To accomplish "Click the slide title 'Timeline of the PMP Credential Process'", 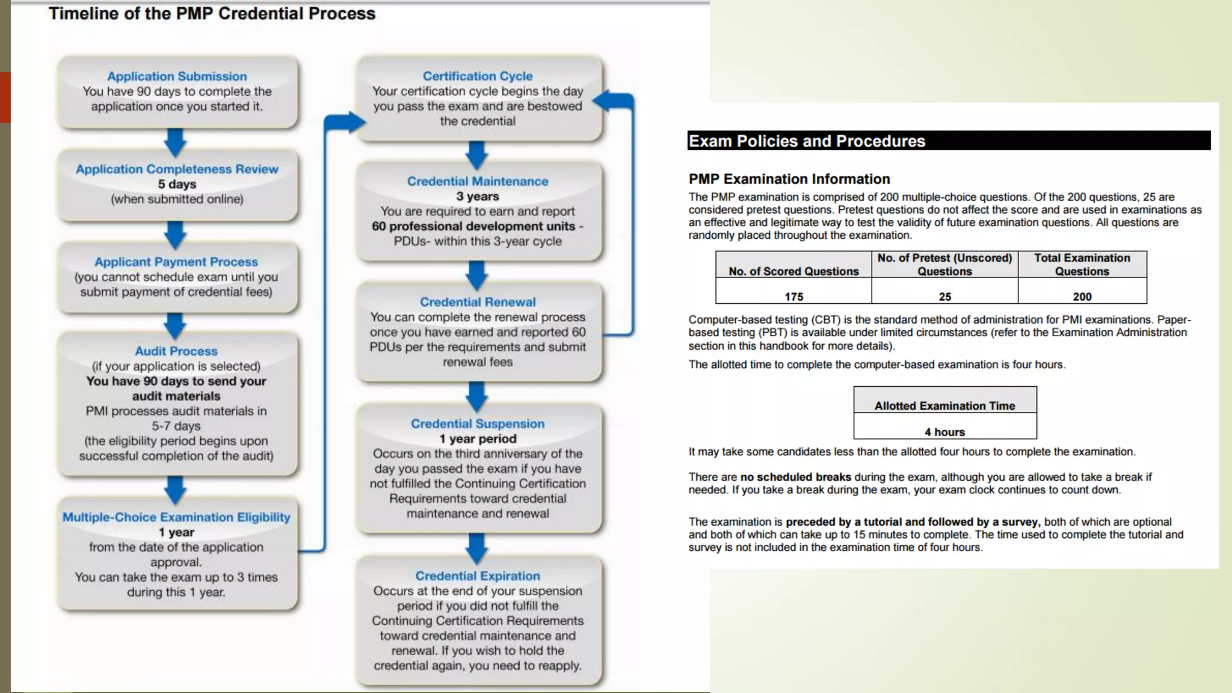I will click(x=212, y=14).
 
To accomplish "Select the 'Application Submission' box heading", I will click(x=177, y=76).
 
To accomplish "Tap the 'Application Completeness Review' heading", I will click(x=177, y=169).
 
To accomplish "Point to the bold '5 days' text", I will click(x=177, y=184).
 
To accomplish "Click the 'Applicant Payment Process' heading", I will click(x=176, y=262).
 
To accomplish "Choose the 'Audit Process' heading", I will click(x=176, y=351).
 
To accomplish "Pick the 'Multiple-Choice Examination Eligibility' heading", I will click(x=176, y=517).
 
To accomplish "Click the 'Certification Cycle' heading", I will click(x=478, y=76).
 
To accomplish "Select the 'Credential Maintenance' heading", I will click(x=478, y=181).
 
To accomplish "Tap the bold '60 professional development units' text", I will click(x=473, y=226).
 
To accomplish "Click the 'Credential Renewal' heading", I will click(x=478, y=302).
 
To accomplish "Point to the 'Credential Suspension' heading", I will click(x=478, y=423).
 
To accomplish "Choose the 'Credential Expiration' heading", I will click(x=478, y=576).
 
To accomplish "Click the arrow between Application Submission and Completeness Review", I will click(x=176, y=142).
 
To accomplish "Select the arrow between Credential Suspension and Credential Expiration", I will click(x=477, y=547).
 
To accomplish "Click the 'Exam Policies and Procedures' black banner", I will click(x=948, y=141).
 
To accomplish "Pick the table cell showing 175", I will click(x=793, y=297).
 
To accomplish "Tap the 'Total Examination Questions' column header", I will click(x=1082, y=265).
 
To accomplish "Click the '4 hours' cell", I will click(x=944, y=432).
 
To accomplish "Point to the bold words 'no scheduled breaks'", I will click(x=795, y=477).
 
